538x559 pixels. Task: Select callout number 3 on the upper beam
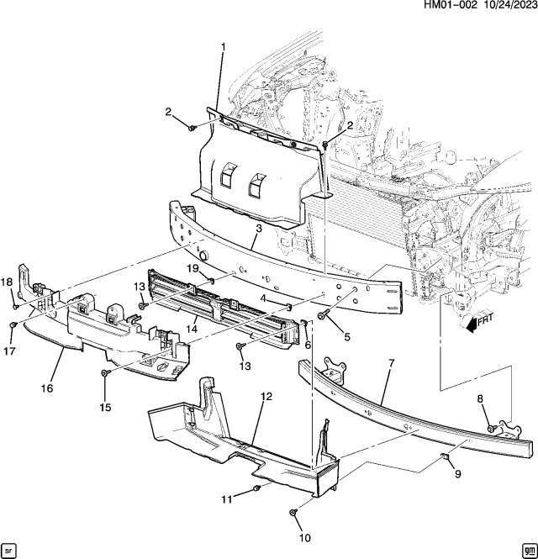[x=259, y=229]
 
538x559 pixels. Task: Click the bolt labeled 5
[x=323, y=316]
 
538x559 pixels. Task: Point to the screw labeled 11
[x=256, y=488]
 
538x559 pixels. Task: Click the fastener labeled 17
[x=13, y=324]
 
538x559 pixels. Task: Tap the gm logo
[x=527, y=549]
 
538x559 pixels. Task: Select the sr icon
[x=9, y=549]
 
